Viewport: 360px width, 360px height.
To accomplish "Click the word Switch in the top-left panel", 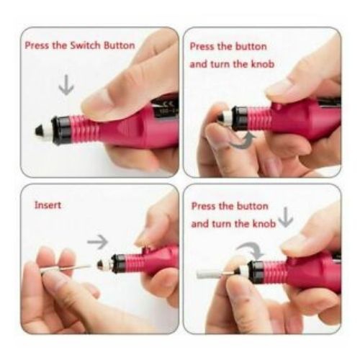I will pos(76,45).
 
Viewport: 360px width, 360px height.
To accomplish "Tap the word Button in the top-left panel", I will pos(115,45).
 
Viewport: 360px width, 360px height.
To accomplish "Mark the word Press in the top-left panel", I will pos(37,45).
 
